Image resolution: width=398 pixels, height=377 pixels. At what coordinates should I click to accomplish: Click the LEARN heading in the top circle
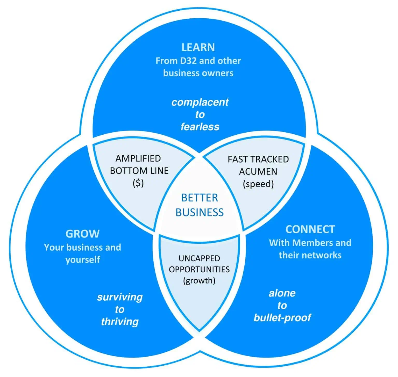[198, 47]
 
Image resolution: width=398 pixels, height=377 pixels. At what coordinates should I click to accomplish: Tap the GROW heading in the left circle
[82, 234]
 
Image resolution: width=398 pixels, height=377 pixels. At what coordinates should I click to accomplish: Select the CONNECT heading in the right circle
[310, 229]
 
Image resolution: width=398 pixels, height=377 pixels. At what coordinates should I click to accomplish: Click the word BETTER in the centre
[199, 198]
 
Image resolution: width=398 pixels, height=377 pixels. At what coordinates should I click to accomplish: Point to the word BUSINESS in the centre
[199, 212]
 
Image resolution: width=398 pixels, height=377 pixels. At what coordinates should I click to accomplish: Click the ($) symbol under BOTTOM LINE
[138, 183]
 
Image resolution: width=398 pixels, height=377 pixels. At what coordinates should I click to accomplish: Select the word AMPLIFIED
[138, 158]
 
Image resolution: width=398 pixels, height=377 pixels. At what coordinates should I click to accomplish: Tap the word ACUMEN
[258, 171]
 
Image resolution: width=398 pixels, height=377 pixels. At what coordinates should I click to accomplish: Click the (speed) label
[258, 184]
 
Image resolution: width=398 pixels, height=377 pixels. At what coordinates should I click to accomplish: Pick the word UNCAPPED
[199, 258]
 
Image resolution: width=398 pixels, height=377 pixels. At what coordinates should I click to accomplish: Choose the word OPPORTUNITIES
[199, 269]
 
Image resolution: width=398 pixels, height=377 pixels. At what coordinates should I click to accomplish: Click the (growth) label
[199, 281]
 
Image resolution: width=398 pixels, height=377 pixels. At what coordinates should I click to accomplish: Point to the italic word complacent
[200, 102]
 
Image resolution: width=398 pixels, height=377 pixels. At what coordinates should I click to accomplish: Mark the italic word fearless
[200, 127]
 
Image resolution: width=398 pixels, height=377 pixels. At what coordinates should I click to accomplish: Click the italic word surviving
[120, 297]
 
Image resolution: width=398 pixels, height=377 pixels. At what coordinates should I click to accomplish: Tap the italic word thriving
[120, 322]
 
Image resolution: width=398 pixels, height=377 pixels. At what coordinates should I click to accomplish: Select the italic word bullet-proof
[282, 318]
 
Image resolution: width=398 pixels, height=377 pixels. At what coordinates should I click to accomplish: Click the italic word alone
[282, 293]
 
